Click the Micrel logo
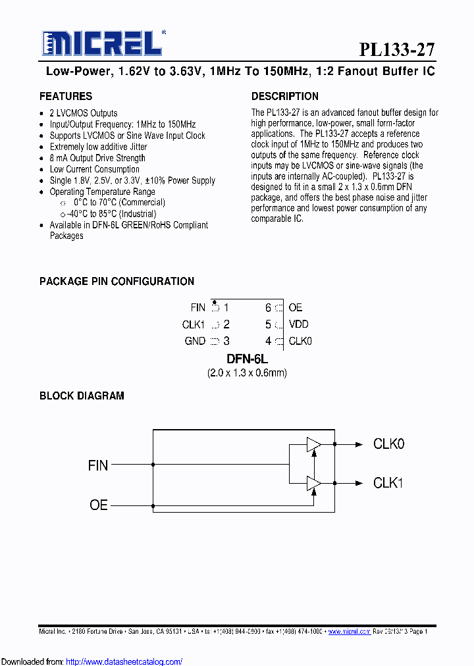coord(102,44)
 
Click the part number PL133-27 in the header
coord(397,50)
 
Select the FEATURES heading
coord(66,96)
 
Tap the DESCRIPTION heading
coord(285,96)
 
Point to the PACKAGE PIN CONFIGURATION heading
coord(117,281)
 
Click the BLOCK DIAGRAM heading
coord(82,396)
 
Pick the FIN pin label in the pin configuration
coord(197,307)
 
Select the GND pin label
coord(195,341)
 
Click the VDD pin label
coord(299,324)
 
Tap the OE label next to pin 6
coord(296,307)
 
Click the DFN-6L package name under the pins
coord(247,359)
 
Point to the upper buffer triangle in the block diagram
coord(313,445)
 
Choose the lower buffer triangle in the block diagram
coord(313,484)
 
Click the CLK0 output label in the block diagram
coord(388,444)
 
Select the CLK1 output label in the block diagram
coord(388,483)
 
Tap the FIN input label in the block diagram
coord(98,465)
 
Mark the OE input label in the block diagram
coord(99,505)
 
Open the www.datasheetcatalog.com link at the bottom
coord(124,661)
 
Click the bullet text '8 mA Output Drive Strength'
coord(97,158)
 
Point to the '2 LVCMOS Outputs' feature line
coord(84,113)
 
